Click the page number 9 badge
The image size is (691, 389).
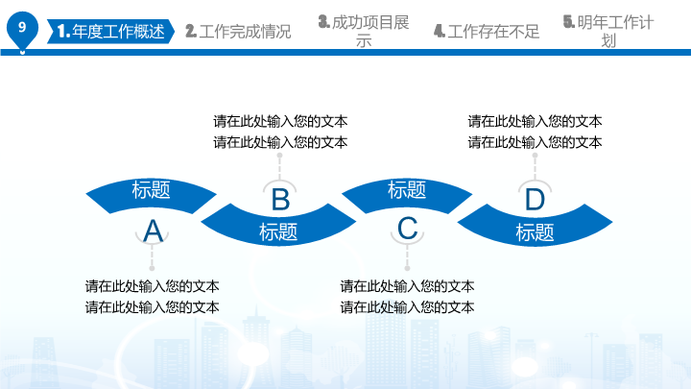tap(22, 29)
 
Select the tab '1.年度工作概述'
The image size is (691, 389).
tap(110, 32)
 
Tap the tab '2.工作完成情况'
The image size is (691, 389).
tap(238, 32)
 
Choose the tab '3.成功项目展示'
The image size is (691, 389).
tap(364, 31)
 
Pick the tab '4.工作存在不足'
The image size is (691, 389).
tap(487, 32)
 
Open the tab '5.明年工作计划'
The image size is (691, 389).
tap(608, 31)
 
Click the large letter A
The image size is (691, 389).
tap(153, 231)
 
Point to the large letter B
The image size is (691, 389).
tap(280, 200)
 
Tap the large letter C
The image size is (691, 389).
tap(407, 229)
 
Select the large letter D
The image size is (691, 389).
tap(535, 200)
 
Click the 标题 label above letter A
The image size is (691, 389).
tap(152, 189)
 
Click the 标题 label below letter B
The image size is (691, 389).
tap(278, 232)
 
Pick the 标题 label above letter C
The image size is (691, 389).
tap(407, 189)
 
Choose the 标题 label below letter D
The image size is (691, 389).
tap(535, 232)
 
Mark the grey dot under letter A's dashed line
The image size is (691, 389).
tap(152, 268)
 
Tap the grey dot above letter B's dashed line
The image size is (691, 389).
tap(280, 156)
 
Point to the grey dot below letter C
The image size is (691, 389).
tap(407, 268)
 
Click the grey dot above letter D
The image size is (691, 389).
tap(535, 156)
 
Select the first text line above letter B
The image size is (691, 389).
tap(280, 121)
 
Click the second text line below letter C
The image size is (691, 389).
tap(407, 307)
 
